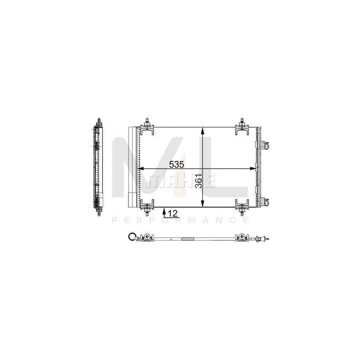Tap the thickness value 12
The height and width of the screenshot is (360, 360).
173,214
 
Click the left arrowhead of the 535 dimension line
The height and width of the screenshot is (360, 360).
140,169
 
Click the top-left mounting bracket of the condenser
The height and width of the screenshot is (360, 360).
148,125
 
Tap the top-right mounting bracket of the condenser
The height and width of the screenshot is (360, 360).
242,125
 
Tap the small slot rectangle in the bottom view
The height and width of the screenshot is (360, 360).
187,239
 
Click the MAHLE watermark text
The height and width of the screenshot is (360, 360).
180,181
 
